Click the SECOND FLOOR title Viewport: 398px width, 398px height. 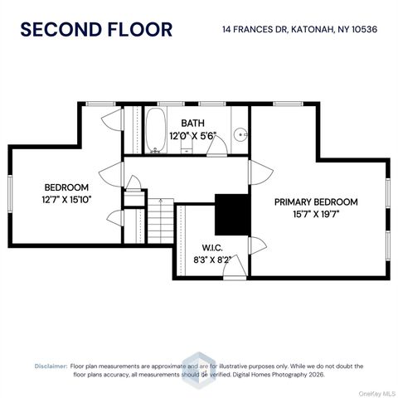(96, 29)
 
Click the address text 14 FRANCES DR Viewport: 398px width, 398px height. (253, 30)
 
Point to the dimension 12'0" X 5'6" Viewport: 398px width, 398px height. (192, 135)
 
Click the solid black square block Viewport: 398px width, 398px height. (232, 214)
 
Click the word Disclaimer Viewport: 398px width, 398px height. (51, 365)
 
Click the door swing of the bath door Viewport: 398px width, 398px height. (216, 145)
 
